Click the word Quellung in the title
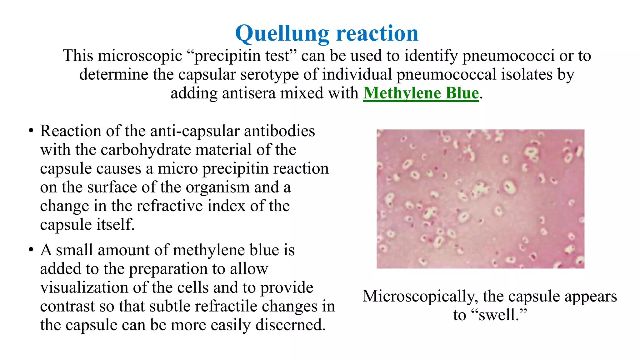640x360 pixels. coord(282,34)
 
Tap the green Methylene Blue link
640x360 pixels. coord(421,93)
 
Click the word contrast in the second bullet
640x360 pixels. coord(67,306)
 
